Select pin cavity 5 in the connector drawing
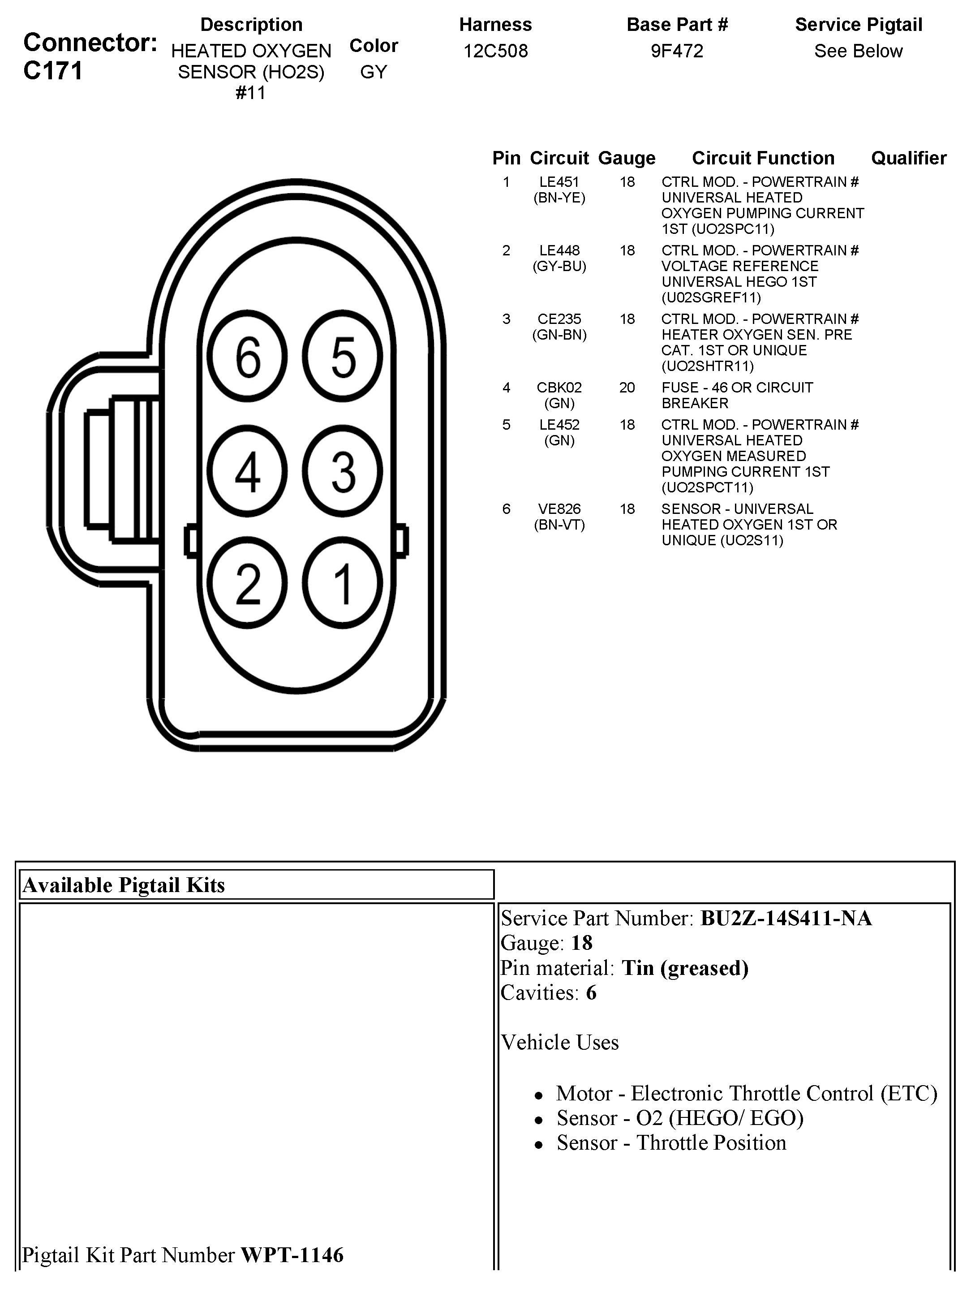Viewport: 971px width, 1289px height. click(343, 357)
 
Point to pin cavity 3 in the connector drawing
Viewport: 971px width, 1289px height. click(343, 471)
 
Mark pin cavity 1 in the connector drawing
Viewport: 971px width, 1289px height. click(343, 583)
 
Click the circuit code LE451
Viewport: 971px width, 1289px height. click(559, 182)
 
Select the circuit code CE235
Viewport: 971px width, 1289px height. click(559, 319)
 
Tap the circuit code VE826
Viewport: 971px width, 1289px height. click(559, 509)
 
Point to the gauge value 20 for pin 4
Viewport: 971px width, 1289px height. click(627, 388)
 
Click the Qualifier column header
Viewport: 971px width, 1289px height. click(909, 158)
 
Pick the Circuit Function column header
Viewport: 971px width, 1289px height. click(763, 158)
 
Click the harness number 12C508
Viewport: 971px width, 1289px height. click(496, 51)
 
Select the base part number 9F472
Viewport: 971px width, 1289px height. click(677, 51)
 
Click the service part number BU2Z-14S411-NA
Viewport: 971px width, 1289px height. click(786, 918)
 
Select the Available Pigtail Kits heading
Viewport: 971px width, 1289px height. click(124, 885)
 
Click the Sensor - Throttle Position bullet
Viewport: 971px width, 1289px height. click(671, 1143)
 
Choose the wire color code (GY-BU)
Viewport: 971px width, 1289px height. click(559, 266)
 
